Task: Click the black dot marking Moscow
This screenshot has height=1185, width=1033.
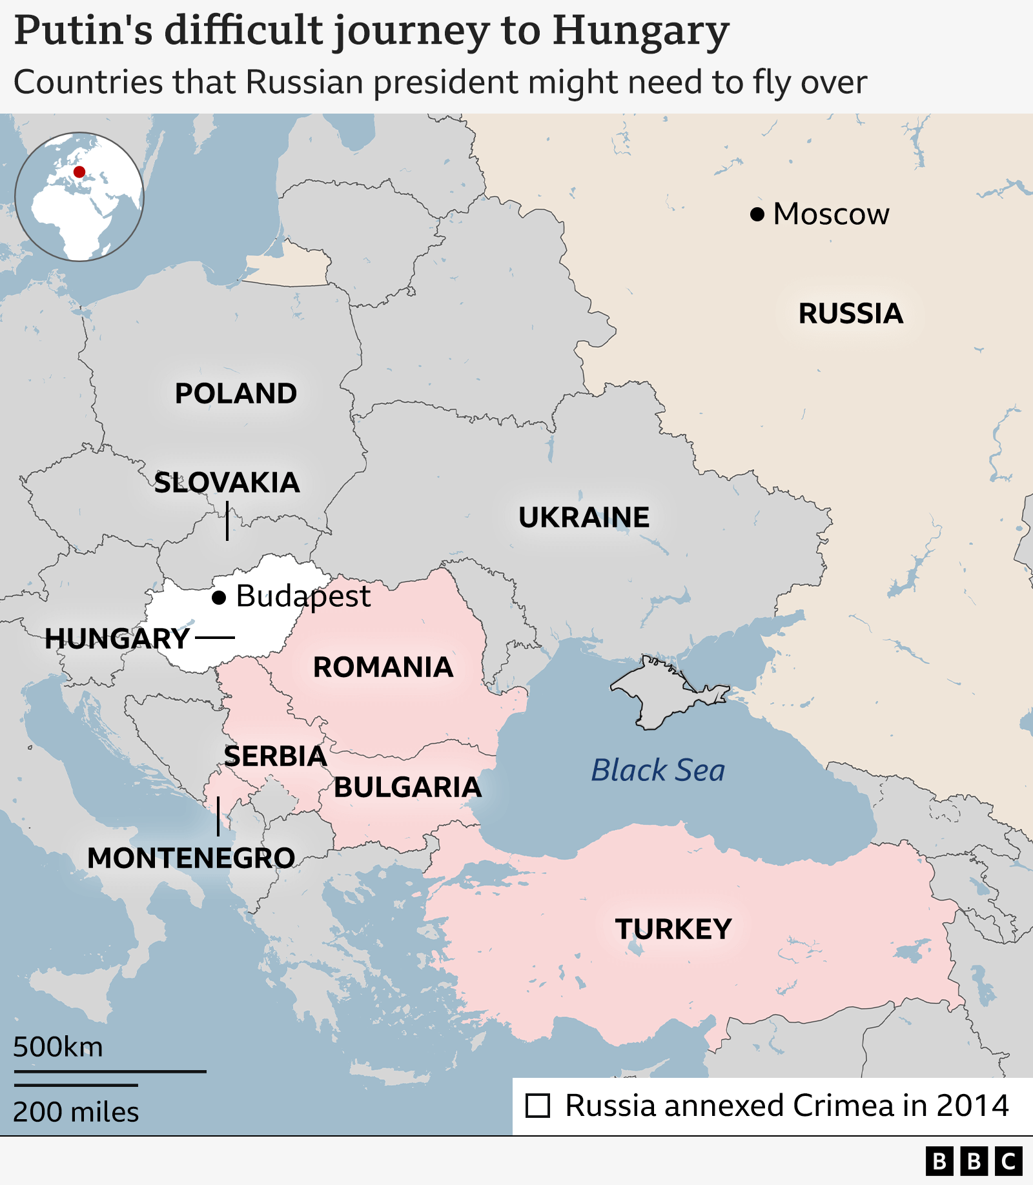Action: pyautogui.click(x=757, y=214)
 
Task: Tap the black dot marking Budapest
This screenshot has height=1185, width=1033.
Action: pyautogui.click(x=219, y=598)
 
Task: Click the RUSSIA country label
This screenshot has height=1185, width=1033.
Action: pyautogui.click(x=850, y=314)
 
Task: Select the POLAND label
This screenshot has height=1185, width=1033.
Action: pyautogui.click(x=236, y=394)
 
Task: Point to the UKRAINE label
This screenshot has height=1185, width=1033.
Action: pyautogui.click(x=584, y=518)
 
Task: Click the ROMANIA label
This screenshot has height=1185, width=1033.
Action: pyautogui.click(x=383, y=667)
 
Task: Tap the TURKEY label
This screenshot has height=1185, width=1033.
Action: pyautogui.click(x=673, y=929)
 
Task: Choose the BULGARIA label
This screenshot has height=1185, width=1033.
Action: pyautogui.click(x=407, y=787)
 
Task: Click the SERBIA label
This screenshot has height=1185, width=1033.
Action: pyautogui.click(x=275, y=756)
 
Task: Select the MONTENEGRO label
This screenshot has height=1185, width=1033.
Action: pyautogui.click(x=191, y=858)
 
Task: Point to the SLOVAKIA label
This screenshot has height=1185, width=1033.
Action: pyautogui.click(x=227, y=483)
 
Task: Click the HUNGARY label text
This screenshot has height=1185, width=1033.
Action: pyautogui.click(x=117, y=639)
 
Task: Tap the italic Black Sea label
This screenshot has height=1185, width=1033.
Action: pyautogui.click(x=658, y=771)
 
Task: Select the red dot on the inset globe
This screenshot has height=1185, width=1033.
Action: pyautogui.click(x=79, y=172)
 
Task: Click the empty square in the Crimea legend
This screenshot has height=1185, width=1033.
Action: pyautogui.click(x=538, y=1106)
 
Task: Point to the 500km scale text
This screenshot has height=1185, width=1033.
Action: pyautogui.click(x=58, y=1047)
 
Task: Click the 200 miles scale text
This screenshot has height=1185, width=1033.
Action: pyautogui.click(x=76, y=1112)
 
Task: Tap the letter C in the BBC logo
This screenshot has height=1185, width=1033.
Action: pyautogui.click(x=1008, y=1161)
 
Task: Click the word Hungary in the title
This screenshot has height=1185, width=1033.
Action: pyautogui.click(x=640, y=31)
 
